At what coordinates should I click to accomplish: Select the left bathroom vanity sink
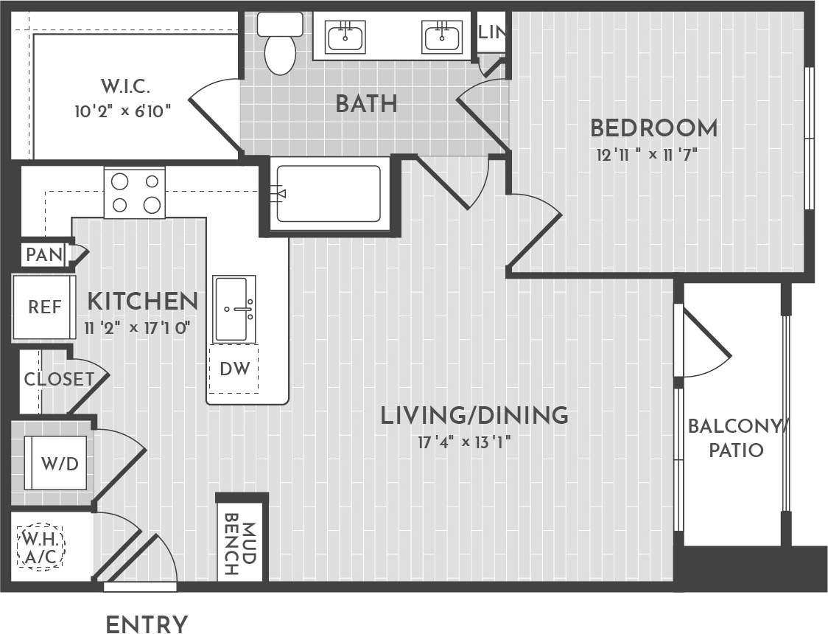[x=345, y=36]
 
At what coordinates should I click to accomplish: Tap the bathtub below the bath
[x=329, y=194]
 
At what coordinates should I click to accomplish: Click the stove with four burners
[x=134, y=192]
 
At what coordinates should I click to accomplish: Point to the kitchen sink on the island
[x=234, y=309]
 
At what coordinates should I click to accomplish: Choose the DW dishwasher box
[x=234, y=366]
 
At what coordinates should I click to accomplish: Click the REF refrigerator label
[x=45, y=307]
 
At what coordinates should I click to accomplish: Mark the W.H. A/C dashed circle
[x=41, y=546]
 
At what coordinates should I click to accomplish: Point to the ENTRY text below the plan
[x=147, y=624]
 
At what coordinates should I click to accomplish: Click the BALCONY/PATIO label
[x=736, y=438]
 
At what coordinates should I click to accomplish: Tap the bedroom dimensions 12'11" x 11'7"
[x=648, y=156]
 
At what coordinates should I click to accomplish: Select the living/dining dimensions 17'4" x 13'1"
[x=464, y=442]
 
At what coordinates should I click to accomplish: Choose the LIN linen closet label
[x=491, y=32]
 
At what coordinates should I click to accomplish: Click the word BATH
[x=366, y=104]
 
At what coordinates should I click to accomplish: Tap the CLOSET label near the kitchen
[x=58, y=380]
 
